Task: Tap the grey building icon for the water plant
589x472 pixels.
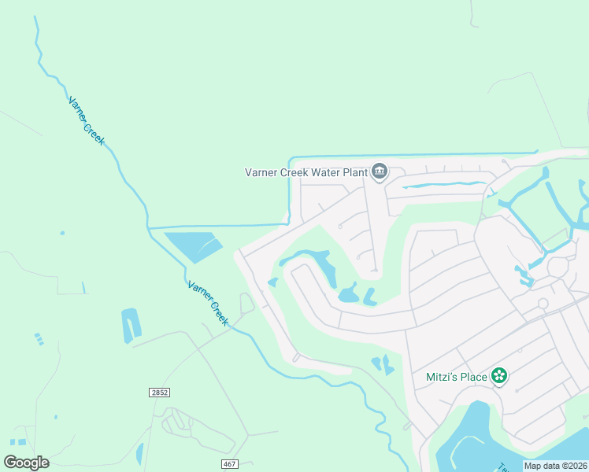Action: click(x=380, y=171)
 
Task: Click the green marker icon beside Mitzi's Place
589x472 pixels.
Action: click(x=498, y=377)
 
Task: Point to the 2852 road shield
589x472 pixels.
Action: click(x=159, y=392)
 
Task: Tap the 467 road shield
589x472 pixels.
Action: click(x=229, y=464)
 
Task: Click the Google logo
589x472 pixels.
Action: click(x=26, y=463)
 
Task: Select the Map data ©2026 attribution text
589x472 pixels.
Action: click(x=556, y=466)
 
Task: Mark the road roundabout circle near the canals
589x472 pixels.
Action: click(x=543, y=304)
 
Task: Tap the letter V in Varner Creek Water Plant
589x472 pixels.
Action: click(x=250, y=171)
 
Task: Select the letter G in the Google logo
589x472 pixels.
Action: click(x=10, y=463)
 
